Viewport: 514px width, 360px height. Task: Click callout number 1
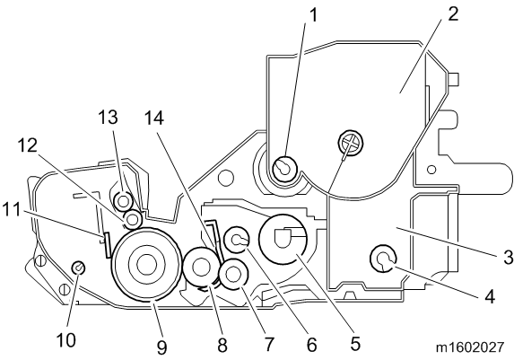click(313, 15)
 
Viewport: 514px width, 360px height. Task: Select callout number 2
click(453, 13)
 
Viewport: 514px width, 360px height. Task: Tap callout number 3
click(508, 257)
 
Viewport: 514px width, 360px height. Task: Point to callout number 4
click(489, 296)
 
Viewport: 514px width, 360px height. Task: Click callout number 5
click(355, 344)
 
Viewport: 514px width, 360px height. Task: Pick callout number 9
click(161, 347)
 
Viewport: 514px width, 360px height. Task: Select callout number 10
click(65, 340)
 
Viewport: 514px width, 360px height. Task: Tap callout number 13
click(109, 117)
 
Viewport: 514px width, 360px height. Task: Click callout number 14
click(154, 118)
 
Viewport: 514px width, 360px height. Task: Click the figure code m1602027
click(469, 347)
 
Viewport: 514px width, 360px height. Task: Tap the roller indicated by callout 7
click(234, 265)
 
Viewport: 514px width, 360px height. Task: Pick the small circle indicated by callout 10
click(78, 268)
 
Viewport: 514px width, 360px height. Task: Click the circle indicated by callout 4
click(383, 259)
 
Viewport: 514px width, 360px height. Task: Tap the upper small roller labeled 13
click(123, 201)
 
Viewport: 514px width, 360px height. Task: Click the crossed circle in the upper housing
click(351, 142)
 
